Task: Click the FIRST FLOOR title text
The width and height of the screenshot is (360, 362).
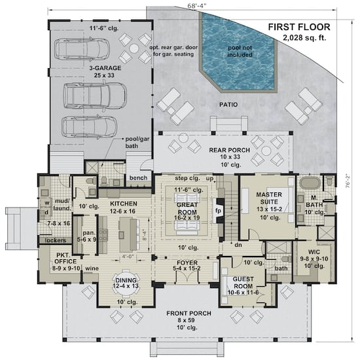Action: pyautogui.click(x=298, y=27)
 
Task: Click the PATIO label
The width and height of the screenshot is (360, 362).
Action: pyautogui.click(x=228, y=104)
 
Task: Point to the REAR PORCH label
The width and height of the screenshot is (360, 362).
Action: pyautogui.click(x=226, y=150)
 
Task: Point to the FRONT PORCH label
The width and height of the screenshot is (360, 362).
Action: pyautogui.click(x=189, y=313)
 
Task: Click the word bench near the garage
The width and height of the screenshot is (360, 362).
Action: pyautogui.click(x=138, y=178)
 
